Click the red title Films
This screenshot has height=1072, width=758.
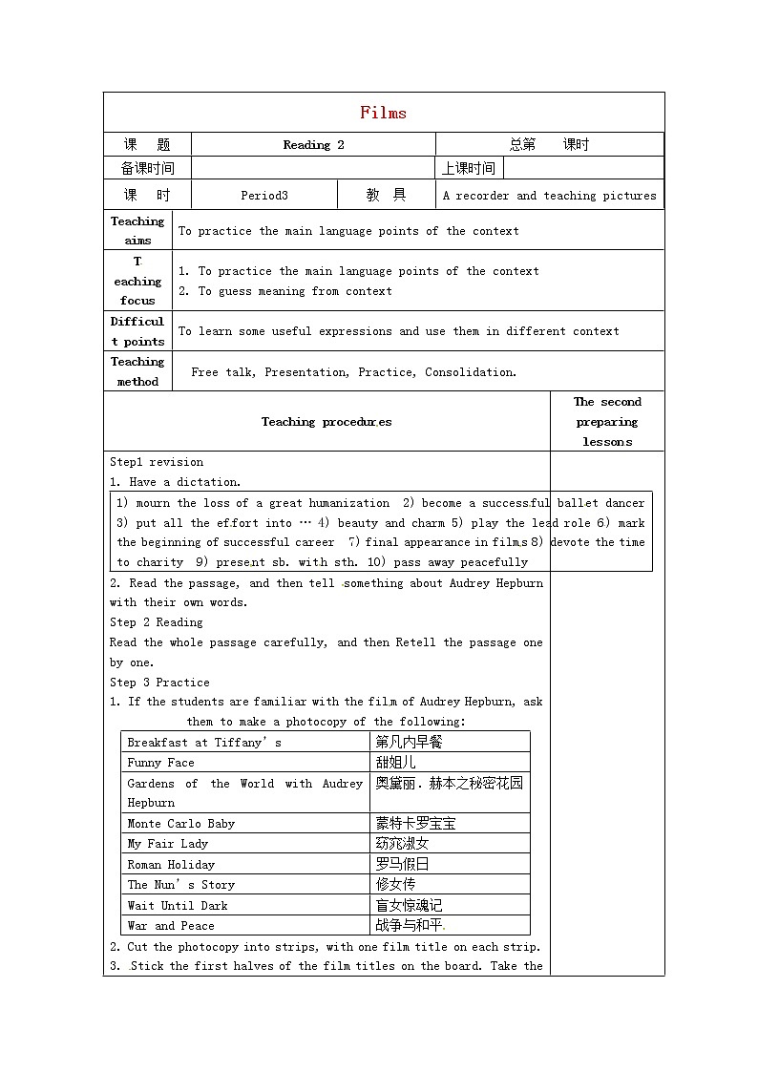coord(383,113)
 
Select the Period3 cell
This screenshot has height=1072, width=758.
coord(264,196)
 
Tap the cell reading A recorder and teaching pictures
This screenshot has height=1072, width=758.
coord(549,196)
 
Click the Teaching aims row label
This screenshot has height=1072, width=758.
coord(137,231)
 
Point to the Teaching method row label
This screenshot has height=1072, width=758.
coord(137,371)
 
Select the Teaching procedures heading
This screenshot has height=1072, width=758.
coord(326,422)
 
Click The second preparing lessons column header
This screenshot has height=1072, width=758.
coord(607,422)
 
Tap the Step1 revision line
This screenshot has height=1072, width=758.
coord(157,462)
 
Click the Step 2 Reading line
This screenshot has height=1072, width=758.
coord(157,622)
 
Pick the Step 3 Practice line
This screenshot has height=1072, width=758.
coord(159,683)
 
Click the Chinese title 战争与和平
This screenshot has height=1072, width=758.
coord(410,925)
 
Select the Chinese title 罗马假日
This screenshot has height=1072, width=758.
coord(402,864)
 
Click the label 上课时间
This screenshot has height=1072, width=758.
coord(469,169)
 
